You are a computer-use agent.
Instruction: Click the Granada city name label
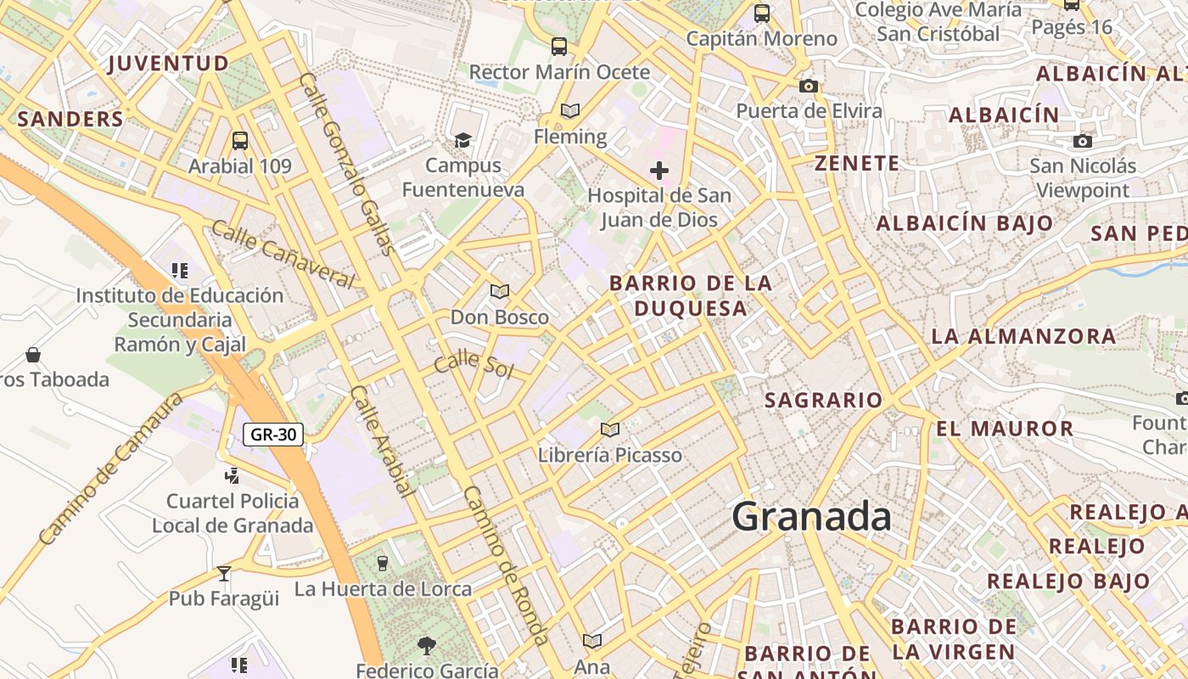coord(811,517)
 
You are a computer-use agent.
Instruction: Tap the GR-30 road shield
coord(273,435)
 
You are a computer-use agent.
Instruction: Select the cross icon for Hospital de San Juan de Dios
coord(659,171)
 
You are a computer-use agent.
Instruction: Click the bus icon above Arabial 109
coord(240,141)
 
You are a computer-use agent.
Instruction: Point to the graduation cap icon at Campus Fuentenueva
coord(462,140)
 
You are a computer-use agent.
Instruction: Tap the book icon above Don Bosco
coord(500,292)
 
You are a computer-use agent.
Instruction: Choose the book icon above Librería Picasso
coord(609,429)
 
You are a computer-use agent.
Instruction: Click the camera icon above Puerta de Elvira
coord(809,86)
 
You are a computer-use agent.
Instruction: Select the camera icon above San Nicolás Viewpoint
coord(1082,141)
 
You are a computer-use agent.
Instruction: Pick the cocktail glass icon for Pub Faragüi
coord(224,573)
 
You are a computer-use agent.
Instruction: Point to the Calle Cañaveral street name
coord(283,254)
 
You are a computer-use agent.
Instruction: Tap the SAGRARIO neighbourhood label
coord(823,400)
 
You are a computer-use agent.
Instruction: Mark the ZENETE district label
coord(856,164)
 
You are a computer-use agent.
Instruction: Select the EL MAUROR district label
coord(1005,429)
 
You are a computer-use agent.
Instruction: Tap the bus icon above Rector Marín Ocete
coord(558,47)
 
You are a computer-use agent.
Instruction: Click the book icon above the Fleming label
coord(570,111)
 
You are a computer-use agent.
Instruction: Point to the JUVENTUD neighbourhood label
coord(169,64)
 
